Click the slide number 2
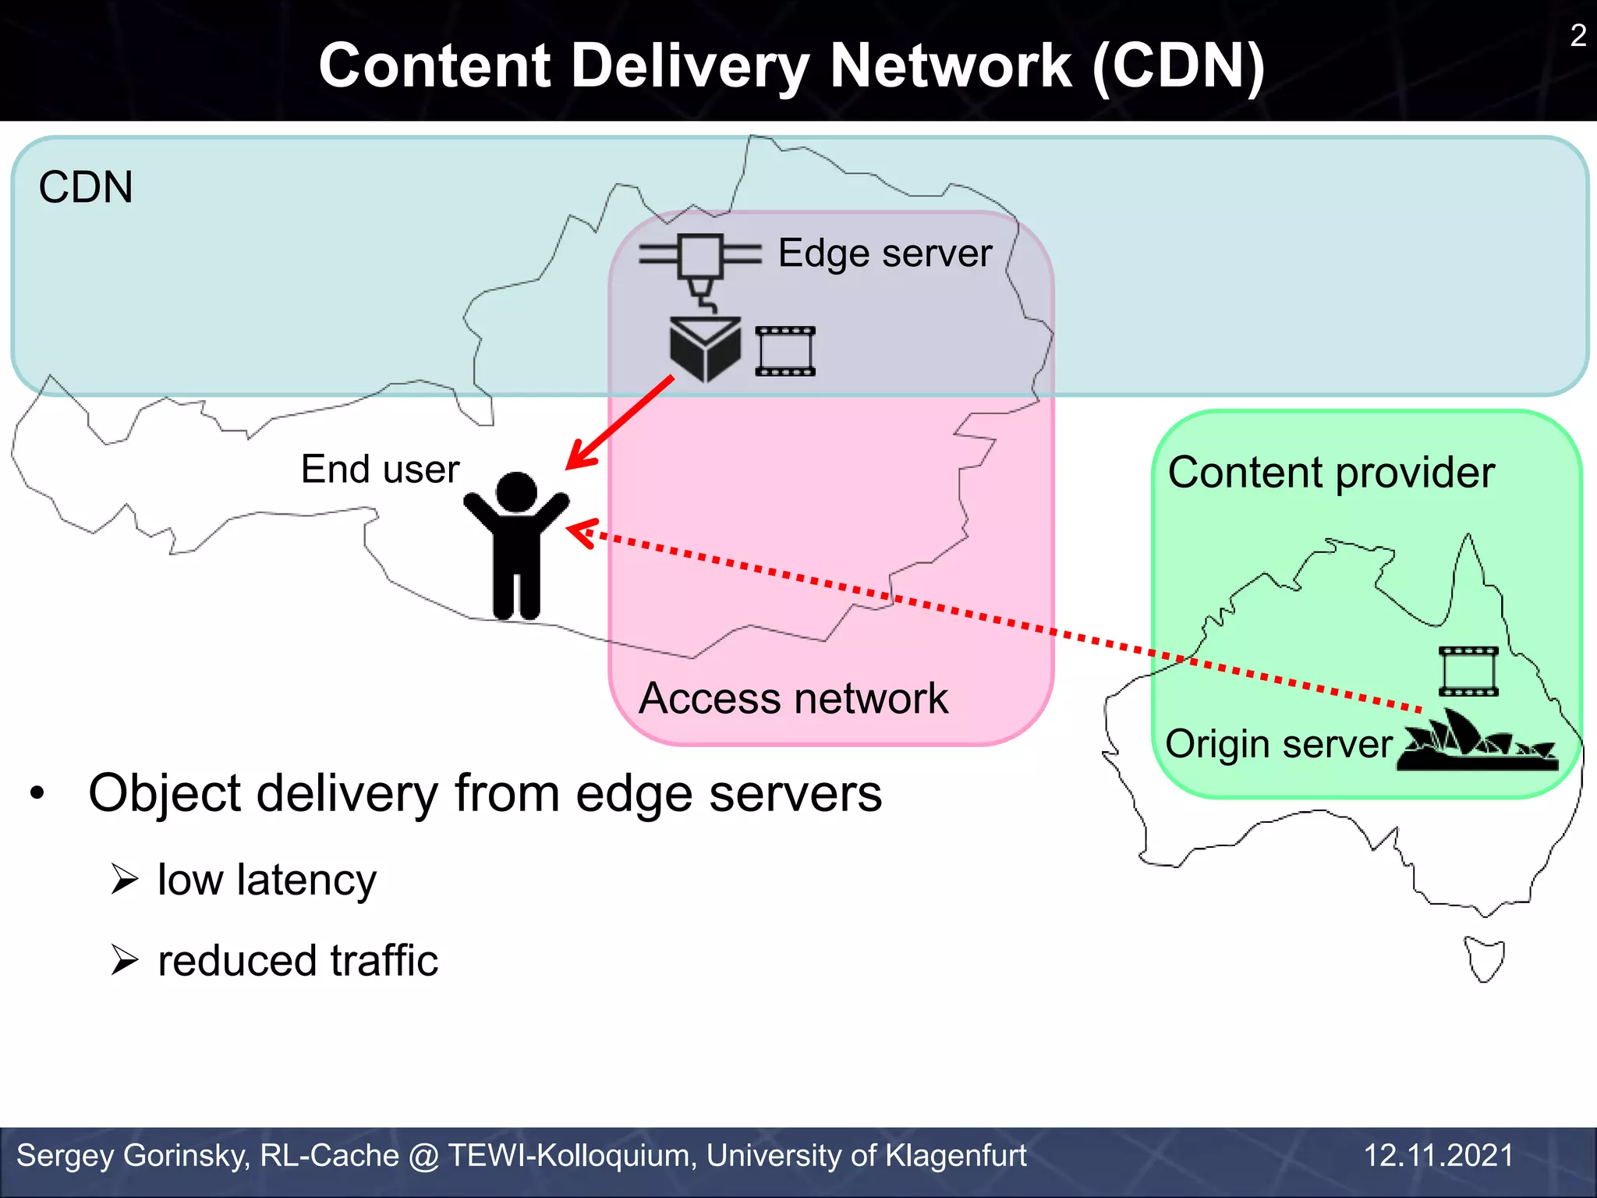tap(1578, 36)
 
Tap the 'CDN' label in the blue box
tap(86, 188)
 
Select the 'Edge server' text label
tap(884, 253)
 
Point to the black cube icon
tap(705, 349)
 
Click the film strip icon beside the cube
tap(785, 351)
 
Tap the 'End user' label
tap(380, 470)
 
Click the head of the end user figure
tap(516, 493)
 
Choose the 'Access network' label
tap(793, 698)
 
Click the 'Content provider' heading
tap(1331, 473)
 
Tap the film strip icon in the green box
tap(1468, 671)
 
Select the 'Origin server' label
tap(1279, 744)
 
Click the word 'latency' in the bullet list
tap(306, 881)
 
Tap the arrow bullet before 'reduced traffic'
tap(125, 960)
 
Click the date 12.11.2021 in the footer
tap(1439, 1155)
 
